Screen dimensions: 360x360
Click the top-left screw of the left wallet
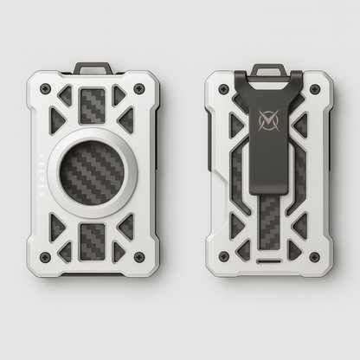(x=44, y=89)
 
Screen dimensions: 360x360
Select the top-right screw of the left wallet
(x=139, y=89)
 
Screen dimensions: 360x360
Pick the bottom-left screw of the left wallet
(x=44, y=257)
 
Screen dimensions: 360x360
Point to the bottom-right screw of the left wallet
(x=139, y=257)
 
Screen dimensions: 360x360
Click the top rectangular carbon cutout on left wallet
(x=93, y=106)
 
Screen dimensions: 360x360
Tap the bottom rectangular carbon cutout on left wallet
(x=93, y=241)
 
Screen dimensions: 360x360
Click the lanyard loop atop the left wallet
(x=92, y=67)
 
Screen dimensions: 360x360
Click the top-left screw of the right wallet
(x=223, y=89)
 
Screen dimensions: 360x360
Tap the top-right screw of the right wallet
(x=314, y=89)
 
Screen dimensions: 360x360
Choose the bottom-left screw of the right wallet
(x=223, y=256)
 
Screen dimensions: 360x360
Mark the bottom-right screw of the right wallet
(x=314, y=256)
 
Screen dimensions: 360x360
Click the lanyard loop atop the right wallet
(x=269, y=68)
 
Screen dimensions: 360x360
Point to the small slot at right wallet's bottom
(x=269, y=260)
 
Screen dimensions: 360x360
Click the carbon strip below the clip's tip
(x=269, y=221)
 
